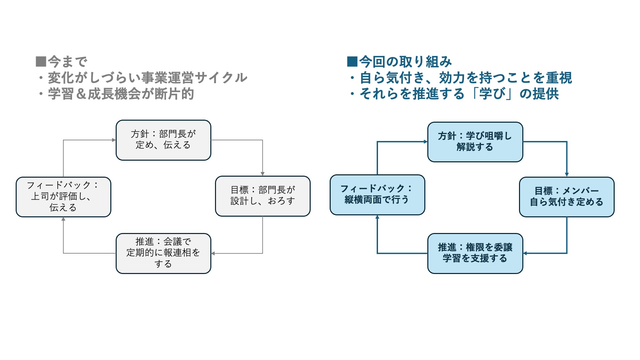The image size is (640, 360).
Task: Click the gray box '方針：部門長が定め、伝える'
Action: (163, 140)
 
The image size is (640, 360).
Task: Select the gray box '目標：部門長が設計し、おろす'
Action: (263, 196)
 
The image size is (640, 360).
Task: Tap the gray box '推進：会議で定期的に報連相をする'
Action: (163, 253)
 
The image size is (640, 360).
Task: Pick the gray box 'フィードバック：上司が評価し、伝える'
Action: (63, 197)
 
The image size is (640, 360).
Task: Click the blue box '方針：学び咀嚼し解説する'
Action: (475, 142)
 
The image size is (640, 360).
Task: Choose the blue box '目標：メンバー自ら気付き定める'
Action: (567, 197)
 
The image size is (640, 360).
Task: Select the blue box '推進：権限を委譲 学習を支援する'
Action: (475, 253)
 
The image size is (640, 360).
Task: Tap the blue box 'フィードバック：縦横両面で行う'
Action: (377, 195)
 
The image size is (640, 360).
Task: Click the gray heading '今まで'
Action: (68, 62)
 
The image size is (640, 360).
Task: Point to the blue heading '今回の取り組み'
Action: (405, 62)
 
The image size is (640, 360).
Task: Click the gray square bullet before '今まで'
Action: (41, 62)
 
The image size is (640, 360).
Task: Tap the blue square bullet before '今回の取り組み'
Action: (352, 62)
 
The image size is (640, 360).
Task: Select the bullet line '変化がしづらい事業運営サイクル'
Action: (148, 78)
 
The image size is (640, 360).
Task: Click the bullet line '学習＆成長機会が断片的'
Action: (121, 94)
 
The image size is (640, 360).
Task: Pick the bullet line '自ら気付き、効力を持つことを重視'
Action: (466, 78)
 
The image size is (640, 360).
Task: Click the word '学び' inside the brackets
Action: (492, 94)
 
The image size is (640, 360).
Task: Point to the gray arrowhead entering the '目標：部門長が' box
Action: (263, 174)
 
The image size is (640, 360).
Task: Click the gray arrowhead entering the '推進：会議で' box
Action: (213, 253)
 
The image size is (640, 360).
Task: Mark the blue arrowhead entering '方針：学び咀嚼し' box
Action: (425, 142)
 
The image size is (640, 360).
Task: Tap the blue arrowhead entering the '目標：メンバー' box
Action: (567, 175)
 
